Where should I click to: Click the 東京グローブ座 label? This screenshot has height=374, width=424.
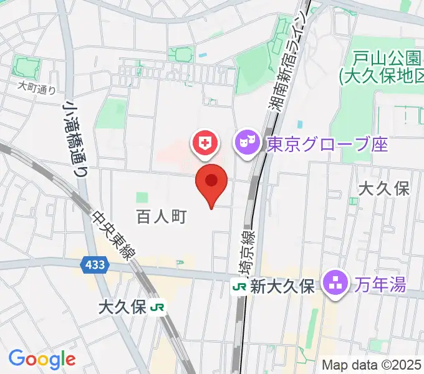pyautogui.click(x=327, y=145)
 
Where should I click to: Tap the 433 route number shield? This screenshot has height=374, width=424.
pyautogui.click(x=93, y=266)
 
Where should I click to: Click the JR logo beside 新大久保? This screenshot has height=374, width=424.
pyautogui.click(x=239, y=286)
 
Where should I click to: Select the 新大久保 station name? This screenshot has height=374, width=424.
pyautogui.click(x=281, y=286)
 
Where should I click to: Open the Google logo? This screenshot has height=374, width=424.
pyautogui.click(x=42, y=359)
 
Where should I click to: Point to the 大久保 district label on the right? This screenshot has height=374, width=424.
pyautogui.click(x=384, y=189)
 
